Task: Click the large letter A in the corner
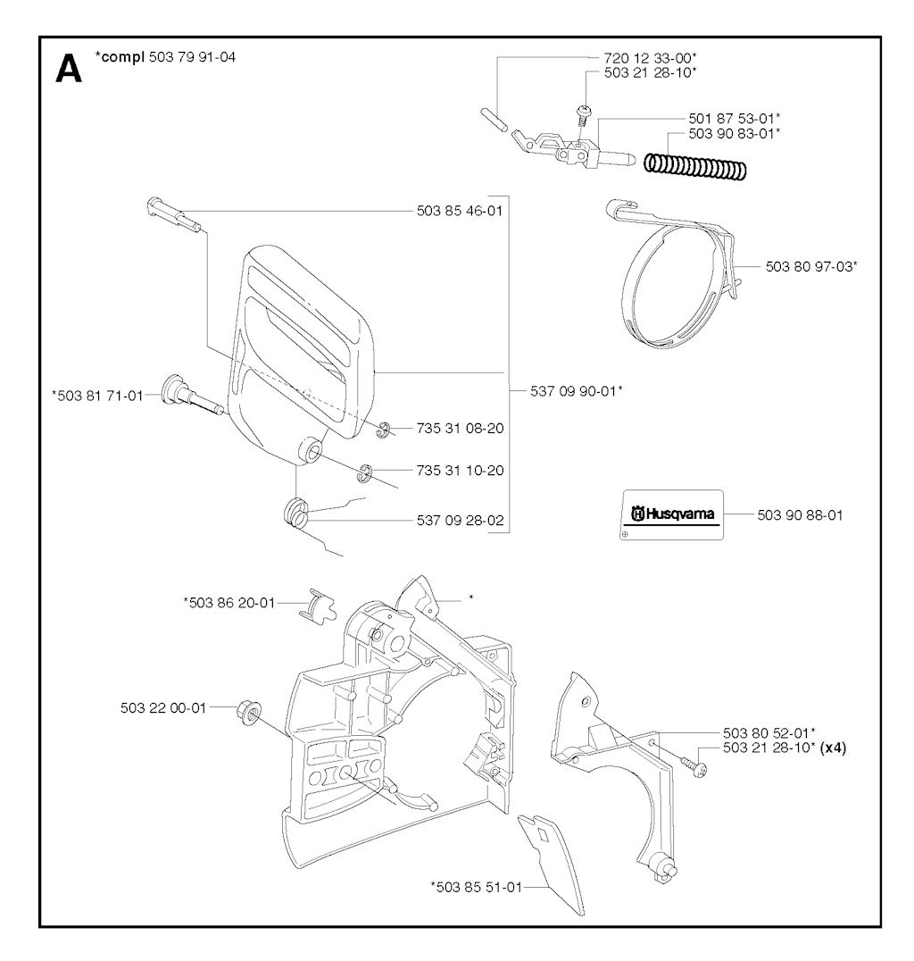68,70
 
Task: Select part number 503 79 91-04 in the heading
193,57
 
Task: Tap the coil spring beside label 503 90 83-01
695,165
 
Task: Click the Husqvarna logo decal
673,514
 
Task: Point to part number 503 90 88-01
800,515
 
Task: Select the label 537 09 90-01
576,391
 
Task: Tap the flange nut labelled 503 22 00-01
248,713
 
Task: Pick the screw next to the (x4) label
694,766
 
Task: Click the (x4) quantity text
833,748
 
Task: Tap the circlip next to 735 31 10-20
367,473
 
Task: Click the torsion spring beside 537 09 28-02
296,513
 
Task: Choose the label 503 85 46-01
460,211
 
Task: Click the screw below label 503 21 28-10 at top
584,115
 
